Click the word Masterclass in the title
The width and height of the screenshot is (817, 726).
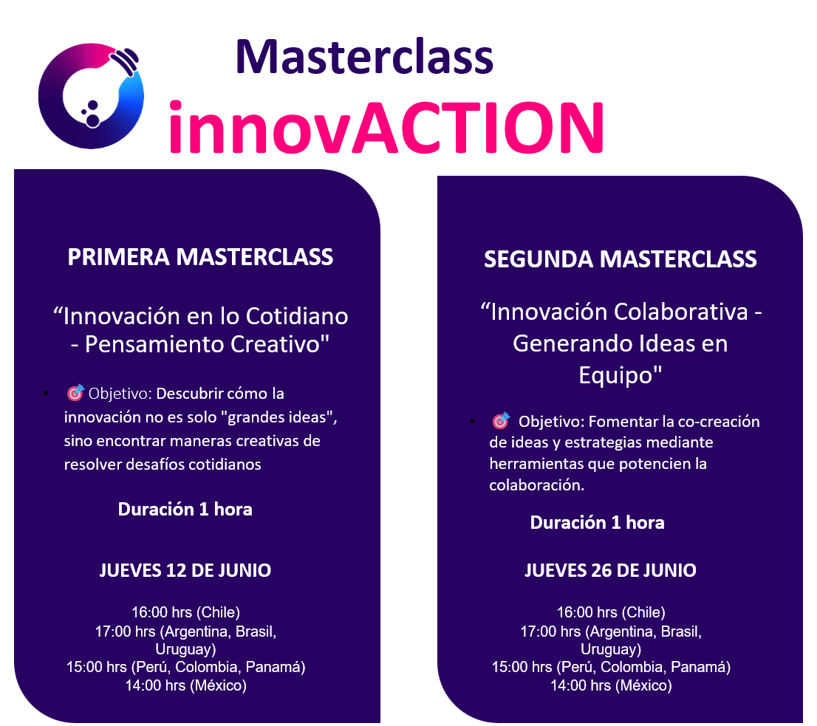[364, 57]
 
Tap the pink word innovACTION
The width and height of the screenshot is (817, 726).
[386, 128]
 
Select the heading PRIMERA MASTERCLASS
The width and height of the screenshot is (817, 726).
[200, 257]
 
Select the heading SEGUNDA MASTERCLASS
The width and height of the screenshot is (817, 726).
[620, 259]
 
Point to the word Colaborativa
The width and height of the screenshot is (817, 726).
[681, 312]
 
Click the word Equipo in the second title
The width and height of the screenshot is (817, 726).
[616, 375]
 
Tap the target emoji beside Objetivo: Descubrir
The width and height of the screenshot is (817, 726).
[75, 393]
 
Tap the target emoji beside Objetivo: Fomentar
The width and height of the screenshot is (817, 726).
[502, 420]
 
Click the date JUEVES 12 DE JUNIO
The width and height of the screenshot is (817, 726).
[185, 571]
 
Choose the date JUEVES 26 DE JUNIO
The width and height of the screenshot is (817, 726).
[610, 571]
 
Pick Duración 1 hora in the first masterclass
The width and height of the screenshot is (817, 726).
[185, 510]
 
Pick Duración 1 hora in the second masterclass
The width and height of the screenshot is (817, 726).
[597, 523]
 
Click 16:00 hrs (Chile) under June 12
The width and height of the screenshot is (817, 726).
[185, 612]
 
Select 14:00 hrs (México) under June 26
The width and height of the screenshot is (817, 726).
[611, 685]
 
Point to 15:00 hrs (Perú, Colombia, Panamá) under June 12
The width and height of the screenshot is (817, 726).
[185, 667]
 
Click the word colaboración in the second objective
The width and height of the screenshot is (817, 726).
[537, 485]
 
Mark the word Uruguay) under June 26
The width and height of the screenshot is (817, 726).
[611, 649]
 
